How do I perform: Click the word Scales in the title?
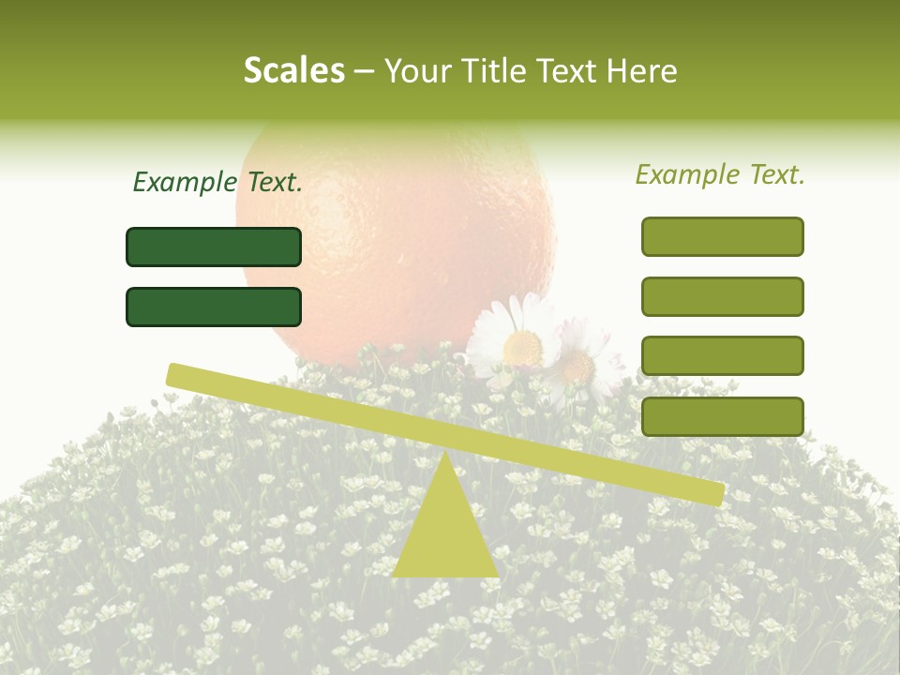tap(293, 70)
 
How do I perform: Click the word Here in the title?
tap(643, 71)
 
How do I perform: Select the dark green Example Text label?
tap(217, 183)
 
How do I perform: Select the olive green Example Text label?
tap(720, 174)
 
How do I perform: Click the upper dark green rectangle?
tap(214, 247)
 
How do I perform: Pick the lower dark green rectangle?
tap(214, 307)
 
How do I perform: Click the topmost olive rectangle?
tap(722, 236)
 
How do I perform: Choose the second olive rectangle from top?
tap(722, 296)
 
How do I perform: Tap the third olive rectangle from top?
tap(722, 355)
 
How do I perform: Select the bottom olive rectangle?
tap(722, 416)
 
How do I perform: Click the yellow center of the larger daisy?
tap(522, 348)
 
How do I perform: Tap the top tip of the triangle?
tap(445, 454)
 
